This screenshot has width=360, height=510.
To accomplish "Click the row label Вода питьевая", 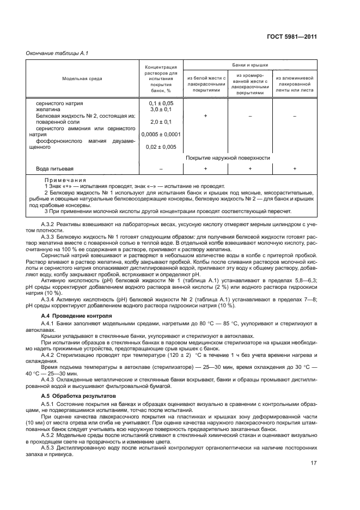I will (x=54, y=169).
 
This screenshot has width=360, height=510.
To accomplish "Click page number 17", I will (x=313, y=464).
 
